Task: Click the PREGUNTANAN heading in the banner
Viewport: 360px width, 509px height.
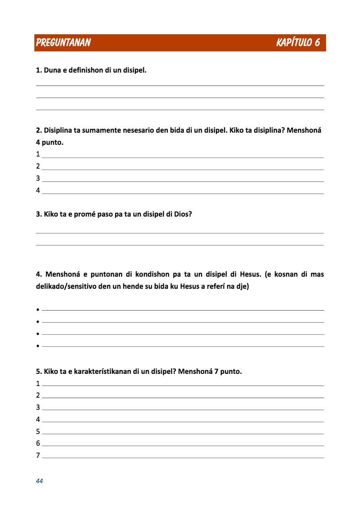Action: [x=63, y=42]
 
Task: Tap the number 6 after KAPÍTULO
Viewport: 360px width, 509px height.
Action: [x=317, y=42]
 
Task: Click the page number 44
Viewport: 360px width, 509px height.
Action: [x=40, y=481]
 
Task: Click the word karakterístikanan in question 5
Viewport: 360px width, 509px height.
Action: [x=99, y=371]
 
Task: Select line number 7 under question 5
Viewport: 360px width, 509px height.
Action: [x=38, y=455]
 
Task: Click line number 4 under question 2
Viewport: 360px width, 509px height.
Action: [x=38, y=190]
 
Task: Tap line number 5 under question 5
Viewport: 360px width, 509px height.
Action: [x=38, y=432]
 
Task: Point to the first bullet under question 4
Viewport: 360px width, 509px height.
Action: [x=38, y=310]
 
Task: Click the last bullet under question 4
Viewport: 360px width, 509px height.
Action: [x=38, y=346]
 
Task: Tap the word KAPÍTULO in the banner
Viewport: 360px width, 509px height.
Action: [x=294, y=42]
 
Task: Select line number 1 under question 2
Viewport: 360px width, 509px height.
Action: [x=38, y=154]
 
